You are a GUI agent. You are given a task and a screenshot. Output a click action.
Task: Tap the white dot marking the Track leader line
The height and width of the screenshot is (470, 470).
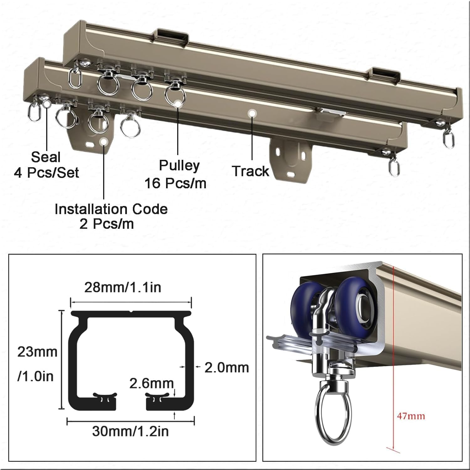pos(251,113)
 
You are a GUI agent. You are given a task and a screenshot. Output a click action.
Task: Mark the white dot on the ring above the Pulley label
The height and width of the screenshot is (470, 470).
pos(178,103)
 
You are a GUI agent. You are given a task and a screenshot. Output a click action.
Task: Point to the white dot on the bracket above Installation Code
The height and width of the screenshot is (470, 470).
pos(103,142)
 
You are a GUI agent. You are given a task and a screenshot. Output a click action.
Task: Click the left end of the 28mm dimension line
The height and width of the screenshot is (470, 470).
pos(70,303)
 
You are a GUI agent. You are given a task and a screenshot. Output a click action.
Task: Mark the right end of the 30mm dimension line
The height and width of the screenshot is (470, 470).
pos(194,421)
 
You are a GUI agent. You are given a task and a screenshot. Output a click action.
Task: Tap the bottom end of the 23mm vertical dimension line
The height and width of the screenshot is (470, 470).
pos(62,409)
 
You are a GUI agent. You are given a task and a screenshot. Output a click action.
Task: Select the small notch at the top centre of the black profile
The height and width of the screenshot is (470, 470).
pos(131,312)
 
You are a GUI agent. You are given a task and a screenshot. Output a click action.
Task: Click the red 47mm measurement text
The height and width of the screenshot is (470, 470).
pos(411,416)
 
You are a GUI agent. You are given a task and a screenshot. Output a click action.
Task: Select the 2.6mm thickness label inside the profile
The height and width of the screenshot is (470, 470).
pos(151,383)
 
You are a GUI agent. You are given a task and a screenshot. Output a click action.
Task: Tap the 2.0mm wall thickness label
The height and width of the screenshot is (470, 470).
pos(227,367)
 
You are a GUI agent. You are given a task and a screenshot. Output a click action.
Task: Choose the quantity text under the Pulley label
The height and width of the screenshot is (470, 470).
pos(175,183)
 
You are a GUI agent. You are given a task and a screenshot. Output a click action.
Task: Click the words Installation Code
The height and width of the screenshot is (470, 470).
pos(111,209)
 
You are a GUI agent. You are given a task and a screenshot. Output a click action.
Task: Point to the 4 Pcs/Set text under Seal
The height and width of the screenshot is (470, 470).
pos(46,173)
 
